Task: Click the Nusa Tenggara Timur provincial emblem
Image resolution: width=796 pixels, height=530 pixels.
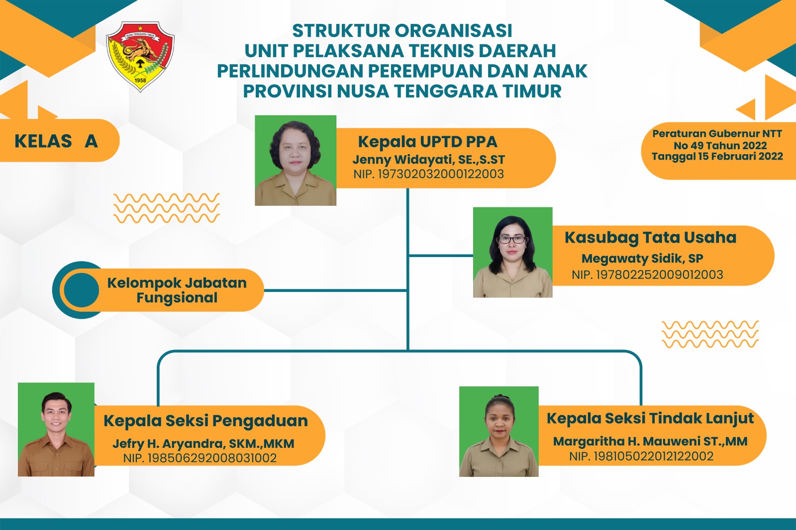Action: pos(140,57)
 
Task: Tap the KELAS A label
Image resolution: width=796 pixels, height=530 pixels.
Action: pos(56,141)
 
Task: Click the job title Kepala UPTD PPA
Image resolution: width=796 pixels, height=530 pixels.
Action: pos(427,142)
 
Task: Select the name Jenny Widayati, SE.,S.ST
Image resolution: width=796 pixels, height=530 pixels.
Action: pos(428,160)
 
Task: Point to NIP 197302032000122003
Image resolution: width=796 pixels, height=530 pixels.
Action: pos(428,174)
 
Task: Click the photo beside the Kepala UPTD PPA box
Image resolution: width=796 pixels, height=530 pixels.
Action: pos(296,161)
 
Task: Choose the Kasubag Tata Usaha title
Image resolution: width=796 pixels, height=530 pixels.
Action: pos(650,238)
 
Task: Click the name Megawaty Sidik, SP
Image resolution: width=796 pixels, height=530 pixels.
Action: pos(642,258)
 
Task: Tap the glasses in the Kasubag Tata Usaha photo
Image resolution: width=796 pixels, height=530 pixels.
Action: pos(512,240)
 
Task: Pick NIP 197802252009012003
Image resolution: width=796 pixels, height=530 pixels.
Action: pos(647,274)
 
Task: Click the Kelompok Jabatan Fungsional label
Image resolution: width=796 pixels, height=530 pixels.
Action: pos(177,290)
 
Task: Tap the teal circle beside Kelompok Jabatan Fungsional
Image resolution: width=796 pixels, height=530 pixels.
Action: pos(82,290)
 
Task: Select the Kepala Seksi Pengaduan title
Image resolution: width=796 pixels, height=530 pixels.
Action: pos(206,421)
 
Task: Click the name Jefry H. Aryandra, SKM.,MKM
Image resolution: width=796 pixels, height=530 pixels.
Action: pos(203,443)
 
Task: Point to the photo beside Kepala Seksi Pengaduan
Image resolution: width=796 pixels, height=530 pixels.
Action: pos(56,430)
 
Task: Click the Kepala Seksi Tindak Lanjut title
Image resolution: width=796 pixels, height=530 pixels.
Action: pos(650,418)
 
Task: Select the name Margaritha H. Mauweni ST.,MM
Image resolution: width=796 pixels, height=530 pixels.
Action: pos(650,441)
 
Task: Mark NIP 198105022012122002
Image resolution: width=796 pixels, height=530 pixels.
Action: pos(641,456)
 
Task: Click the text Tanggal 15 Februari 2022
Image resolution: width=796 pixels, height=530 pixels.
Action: pos(717,157)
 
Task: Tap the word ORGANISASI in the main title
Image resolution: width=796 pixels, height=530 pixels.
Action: pos(453,30)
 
